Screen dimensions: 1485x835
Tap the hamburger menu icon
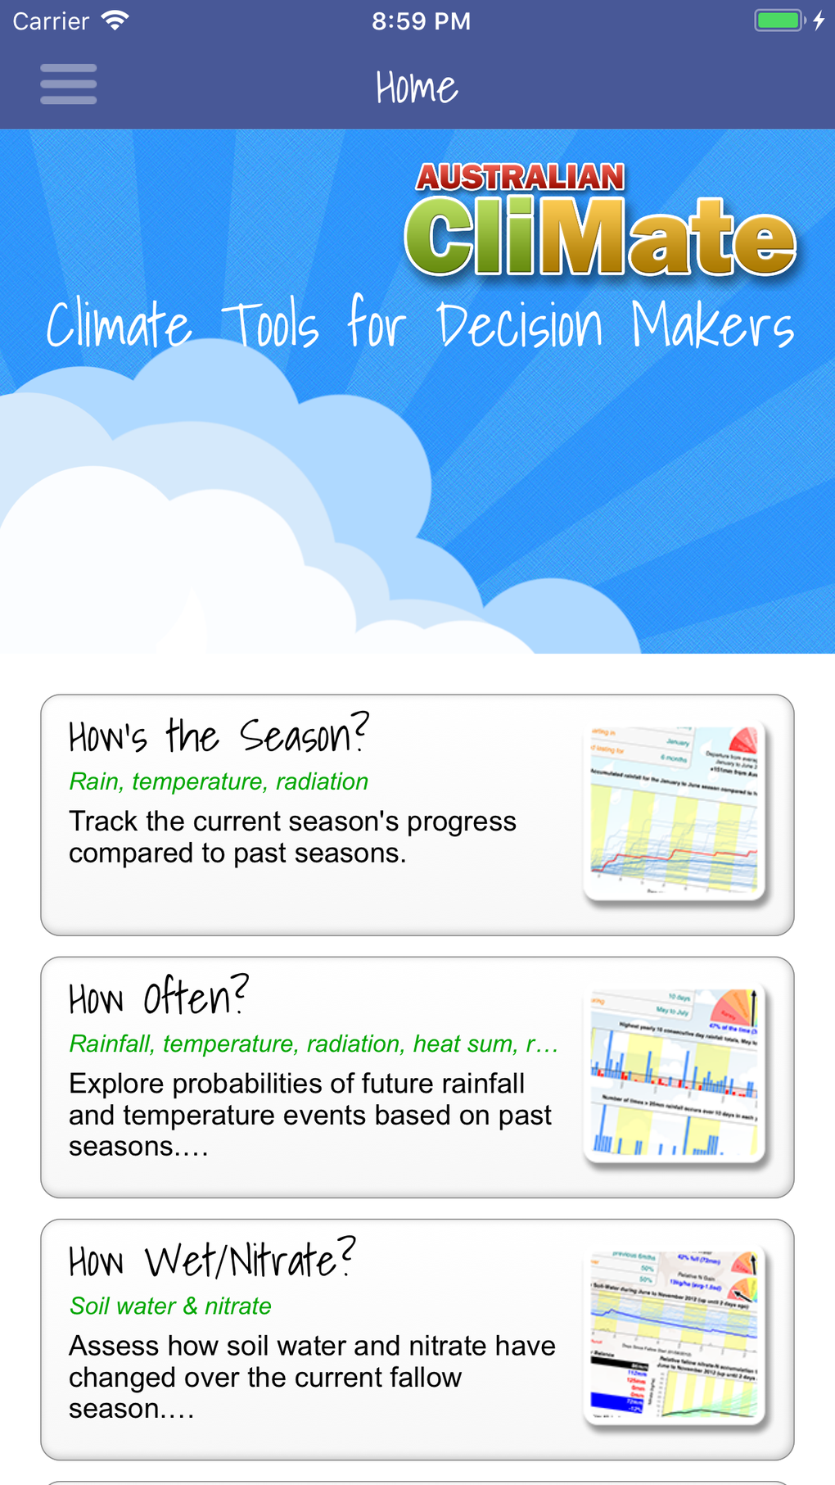tap(69, 84)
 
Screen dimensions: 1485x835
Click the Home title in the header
tap(417, 88)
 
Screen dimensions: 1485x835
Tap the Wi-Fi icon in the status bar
tap(115, 20)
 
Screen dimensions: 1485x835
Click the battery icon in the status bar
tap(779, 20)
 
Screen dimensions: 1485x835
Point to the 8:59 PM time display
tap(421, 21)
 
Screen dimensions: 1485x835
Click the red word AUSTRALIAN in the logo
tap(520, 177)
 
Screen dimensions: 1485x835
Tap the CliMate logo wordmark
tap(600, 237)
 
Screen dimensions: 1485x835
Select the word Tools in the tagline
tap(271, 325)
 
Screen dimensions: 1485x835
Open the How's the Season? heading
tap(219, 735)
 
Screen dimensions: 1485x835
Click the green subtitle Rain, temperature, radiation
tap(219, 781)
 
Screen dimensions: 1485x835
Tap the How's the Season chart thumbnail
tap(675, 812)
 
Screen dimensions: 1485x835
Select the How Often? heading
tap(158, 997)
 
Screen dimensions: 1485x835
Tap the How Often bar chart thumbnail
tap(675, 1074)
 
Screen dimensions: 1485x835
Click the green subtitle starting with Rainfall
tap(314, 1044)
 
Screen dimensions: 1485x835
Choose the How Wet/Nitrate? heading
tap(212, 1259)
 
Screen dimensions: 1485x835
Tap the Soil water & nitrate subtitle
tap(170, 1306)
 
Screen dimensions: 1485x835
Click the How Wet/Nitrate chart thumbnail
tap(675, 1336)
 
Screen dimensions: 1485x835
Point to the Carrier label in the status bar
tap(51, 21)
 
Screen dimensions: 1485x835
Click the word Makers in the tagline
tap(712, 326)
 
